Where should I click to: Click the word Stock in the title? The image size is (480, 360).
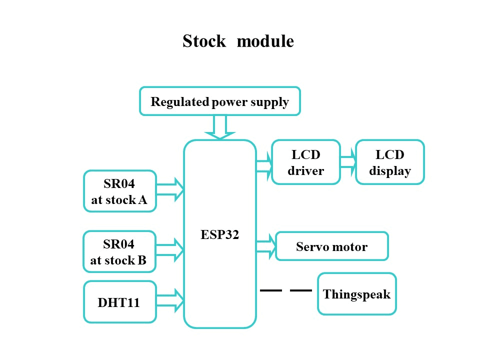(x=204, y=41)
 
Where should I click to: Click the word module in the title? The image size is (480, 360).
(x=265, y=41)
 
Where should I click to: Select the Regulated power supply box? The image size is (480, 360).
(x=220, y=102)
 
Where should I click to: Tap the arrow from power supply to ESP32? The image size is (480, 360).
(x=220, y=127)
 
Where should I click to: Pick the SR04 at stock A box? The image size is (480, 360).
(x=119, y=191)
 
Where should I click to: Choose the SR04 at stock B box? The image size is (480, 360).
(x=119, y=251)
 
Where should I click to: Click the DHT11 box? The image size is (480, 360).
(x=119, y=301)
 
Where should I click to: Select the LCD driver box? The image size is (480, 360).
(x=306, y=162)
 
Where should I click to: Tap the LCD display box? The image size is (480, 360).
(x=390, y=162)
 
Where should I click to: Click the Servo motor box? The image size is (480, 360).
(x=331, y=246)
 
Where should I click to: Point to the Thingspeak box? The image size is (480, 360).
(x=356, y=294)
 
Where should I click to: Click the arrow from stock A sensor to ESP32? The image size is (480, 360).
(x=170, y=189)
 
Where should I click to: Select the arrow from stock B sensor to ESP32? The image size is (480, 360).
(x=170, y=249)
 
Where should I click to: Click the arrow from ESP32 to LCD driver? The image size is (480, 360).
(x=264, y=165)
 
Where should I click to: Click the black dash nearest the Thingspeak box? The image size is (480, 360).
(x=301, y=290)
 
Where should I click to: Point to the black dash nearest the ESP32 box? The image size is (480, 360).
(x=271, y=290)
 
